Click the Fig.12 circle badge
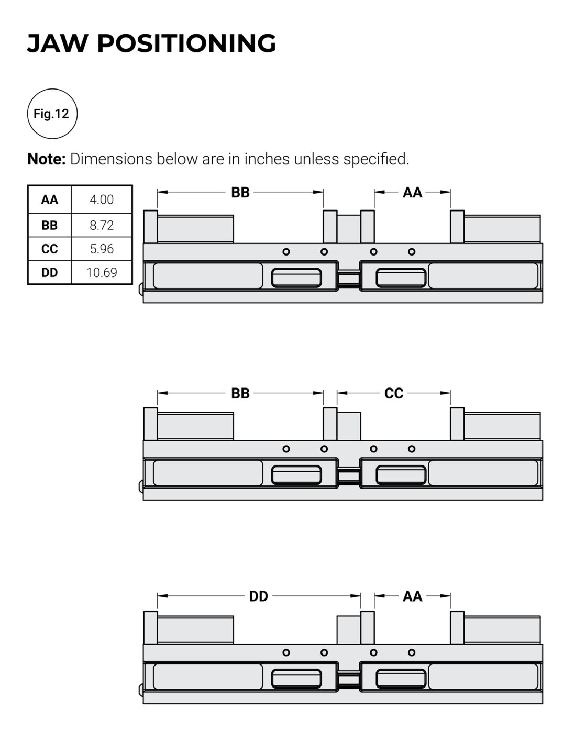[52, 114]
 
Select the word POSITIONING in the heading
[186, 43]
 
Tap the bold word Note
[46, 159]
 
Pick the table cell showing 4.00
[102, 199]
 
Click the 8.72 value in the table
[102, 225]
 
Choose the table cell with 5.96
[102, 249]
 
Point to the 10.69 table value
[102, 272]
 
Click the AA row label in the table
[50, 199]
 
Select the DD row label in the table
[50, 272]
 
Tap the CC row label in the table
[50, 249]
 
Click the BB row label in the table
[50, 225]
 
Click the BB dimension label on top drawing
[240, 193]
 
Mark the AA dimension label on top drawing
[413, 193]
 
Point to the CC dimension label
[394, 393]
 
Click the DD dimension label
[259, 596]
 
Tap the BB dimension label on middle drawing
[240, 393]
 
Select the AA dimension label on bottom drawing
[413, 596]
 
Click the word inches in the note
[267, 159]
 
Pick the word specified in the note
[376, 159]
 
